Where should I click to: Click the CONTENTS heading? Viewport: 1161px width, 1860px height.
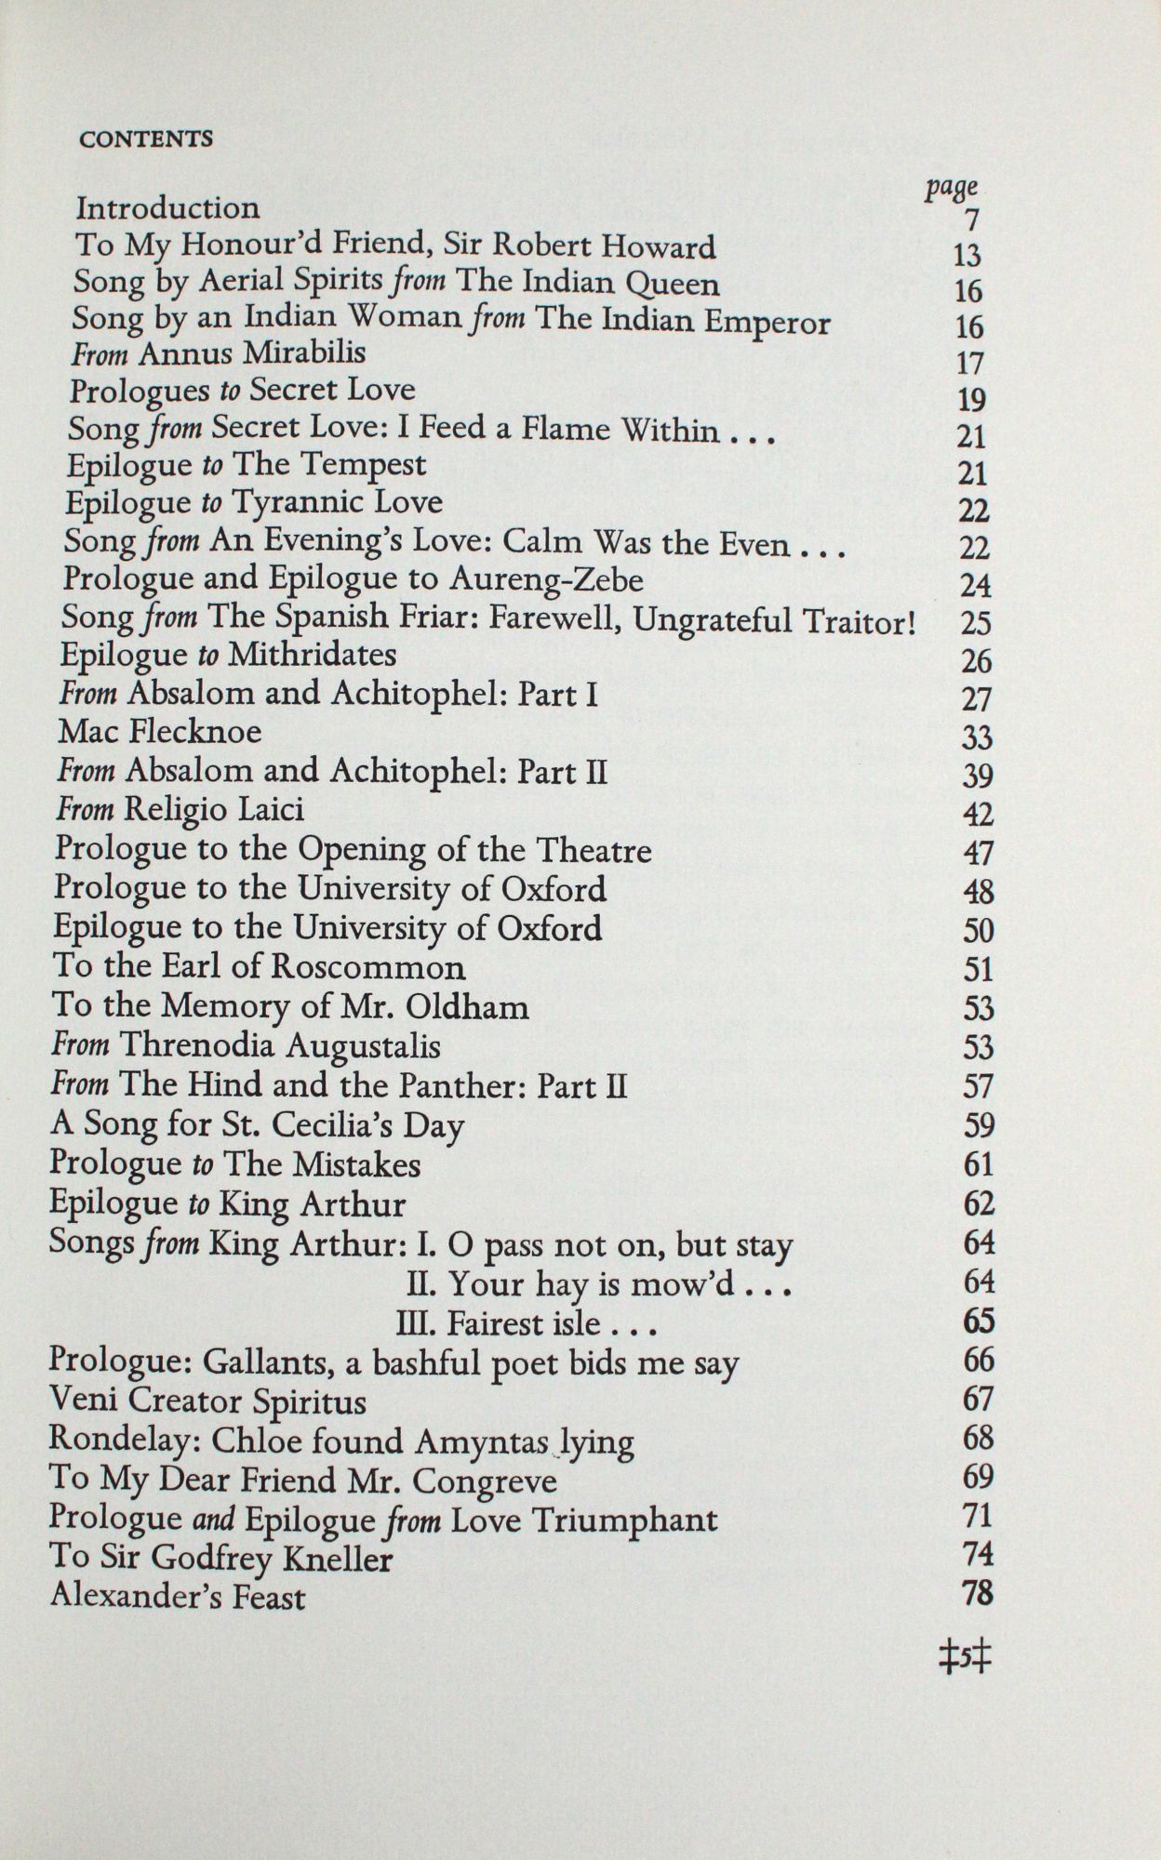click(146, 139)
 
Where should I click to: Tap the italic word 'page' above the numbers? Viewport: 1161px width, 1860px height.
click(951, 188)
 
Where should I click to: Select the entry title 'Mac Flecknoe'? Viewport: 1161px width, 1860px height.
click(160, 732)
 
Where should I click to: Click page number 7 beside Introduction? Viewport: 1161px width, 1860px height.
click(972, 221)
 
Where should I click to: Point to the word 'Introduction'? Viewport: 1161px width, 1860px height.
click(167, 207)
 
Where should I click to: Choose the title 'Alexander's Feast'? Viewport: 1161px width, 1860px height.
click(177, 1597)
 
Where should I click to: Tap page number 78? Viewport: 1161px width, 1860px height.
click(977, 1594)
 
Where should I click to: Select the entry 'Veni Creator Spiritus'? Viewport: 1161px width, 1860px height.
click(207, 1401)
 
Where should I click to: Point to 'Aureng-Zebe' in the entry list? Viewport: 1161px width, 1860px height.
click(546, 580)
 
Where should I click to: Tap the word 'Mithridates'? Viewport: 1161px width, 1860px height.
click(313, 656)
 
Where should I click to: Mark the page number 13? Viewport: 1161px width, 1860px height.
click(967, 256)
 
